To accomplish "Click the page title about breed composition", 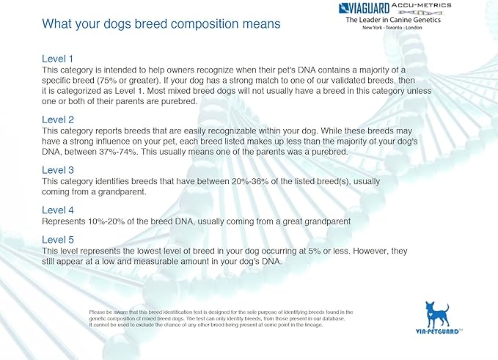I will tap(161, 24).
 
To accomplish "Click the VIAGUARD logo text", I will tap(365, 9).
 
